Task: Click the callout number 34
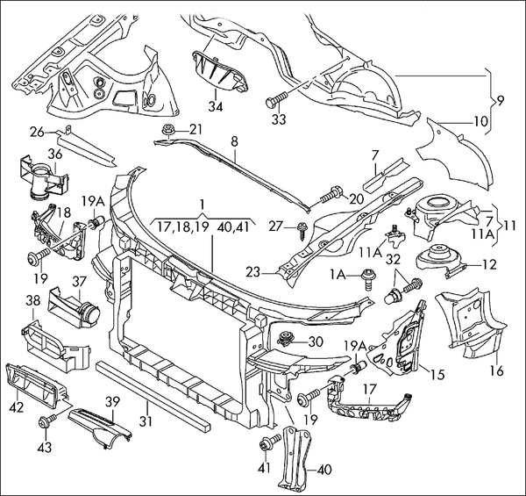(x=216, y=106)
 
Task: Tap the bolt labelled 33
(x=277, y=99)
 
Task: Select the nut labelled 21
(x=167, y=130)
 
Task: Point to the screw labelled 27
(x=302, y=231)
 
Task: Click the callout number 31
(x=146, y=421)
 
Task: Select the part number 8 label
(x=234, y=141)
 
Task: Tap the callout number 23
(x=252, y=272)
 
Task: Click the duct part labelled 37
(x=75, y=306)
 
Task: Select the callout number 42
(x=16, y=407)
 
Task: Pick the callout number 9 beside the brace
(x=501, y=100)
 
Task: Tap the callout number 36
(x=55, y=155)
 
